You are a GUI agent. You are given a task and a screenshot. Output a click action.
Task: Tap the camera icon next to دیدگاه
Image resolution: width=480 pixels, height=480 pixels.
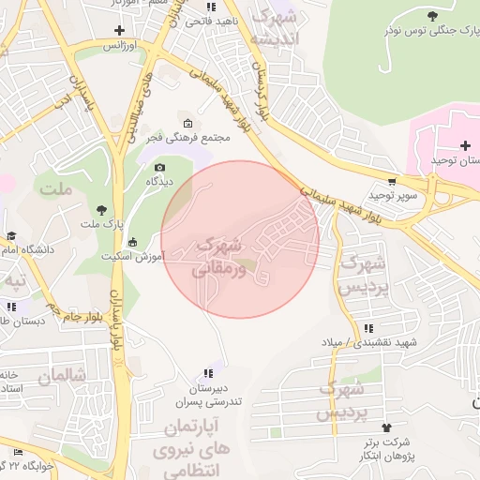tap(158, 168)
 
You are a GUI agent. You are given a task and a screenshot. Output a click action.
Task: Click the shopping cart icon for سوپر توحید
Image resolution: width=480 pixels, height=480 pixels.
tap(392, 182)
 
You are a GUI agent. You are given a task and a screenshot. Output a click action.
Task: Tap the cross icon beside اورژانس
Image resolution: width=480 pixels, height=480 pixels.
tap(119, 30)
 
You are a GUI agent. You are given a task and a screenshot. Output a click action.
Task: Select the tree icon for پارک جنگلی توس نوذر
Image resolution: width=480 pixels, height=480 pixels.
tap(431, 16)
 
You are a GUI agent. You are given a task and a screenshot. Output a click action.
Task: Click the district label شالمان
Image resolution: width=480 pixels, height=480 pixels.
tap(61, 377)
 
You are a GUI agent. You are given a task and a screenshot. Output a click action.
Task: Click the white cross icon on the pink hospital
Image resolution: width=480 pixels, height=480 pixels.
tap(465, 145)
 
